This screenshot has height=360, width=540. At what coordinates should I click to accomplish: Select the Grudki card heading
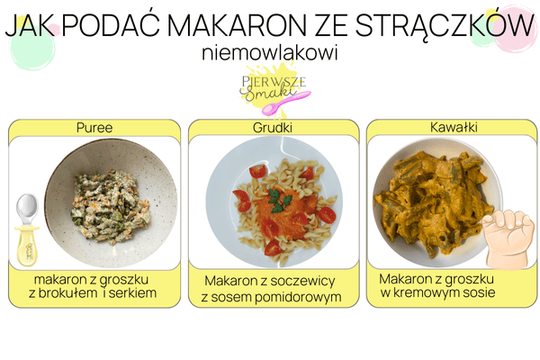[x=273, y=128]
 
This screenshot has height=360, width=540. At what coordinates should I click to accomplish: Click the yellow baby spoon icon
[x=28, y=229]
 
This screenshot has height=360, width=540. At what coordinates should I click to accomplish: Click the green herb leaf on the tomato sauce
[x=276, y=196]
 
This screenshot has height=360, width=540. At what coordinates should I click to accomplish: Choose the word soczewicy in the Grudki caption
[x=305, y=282]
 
